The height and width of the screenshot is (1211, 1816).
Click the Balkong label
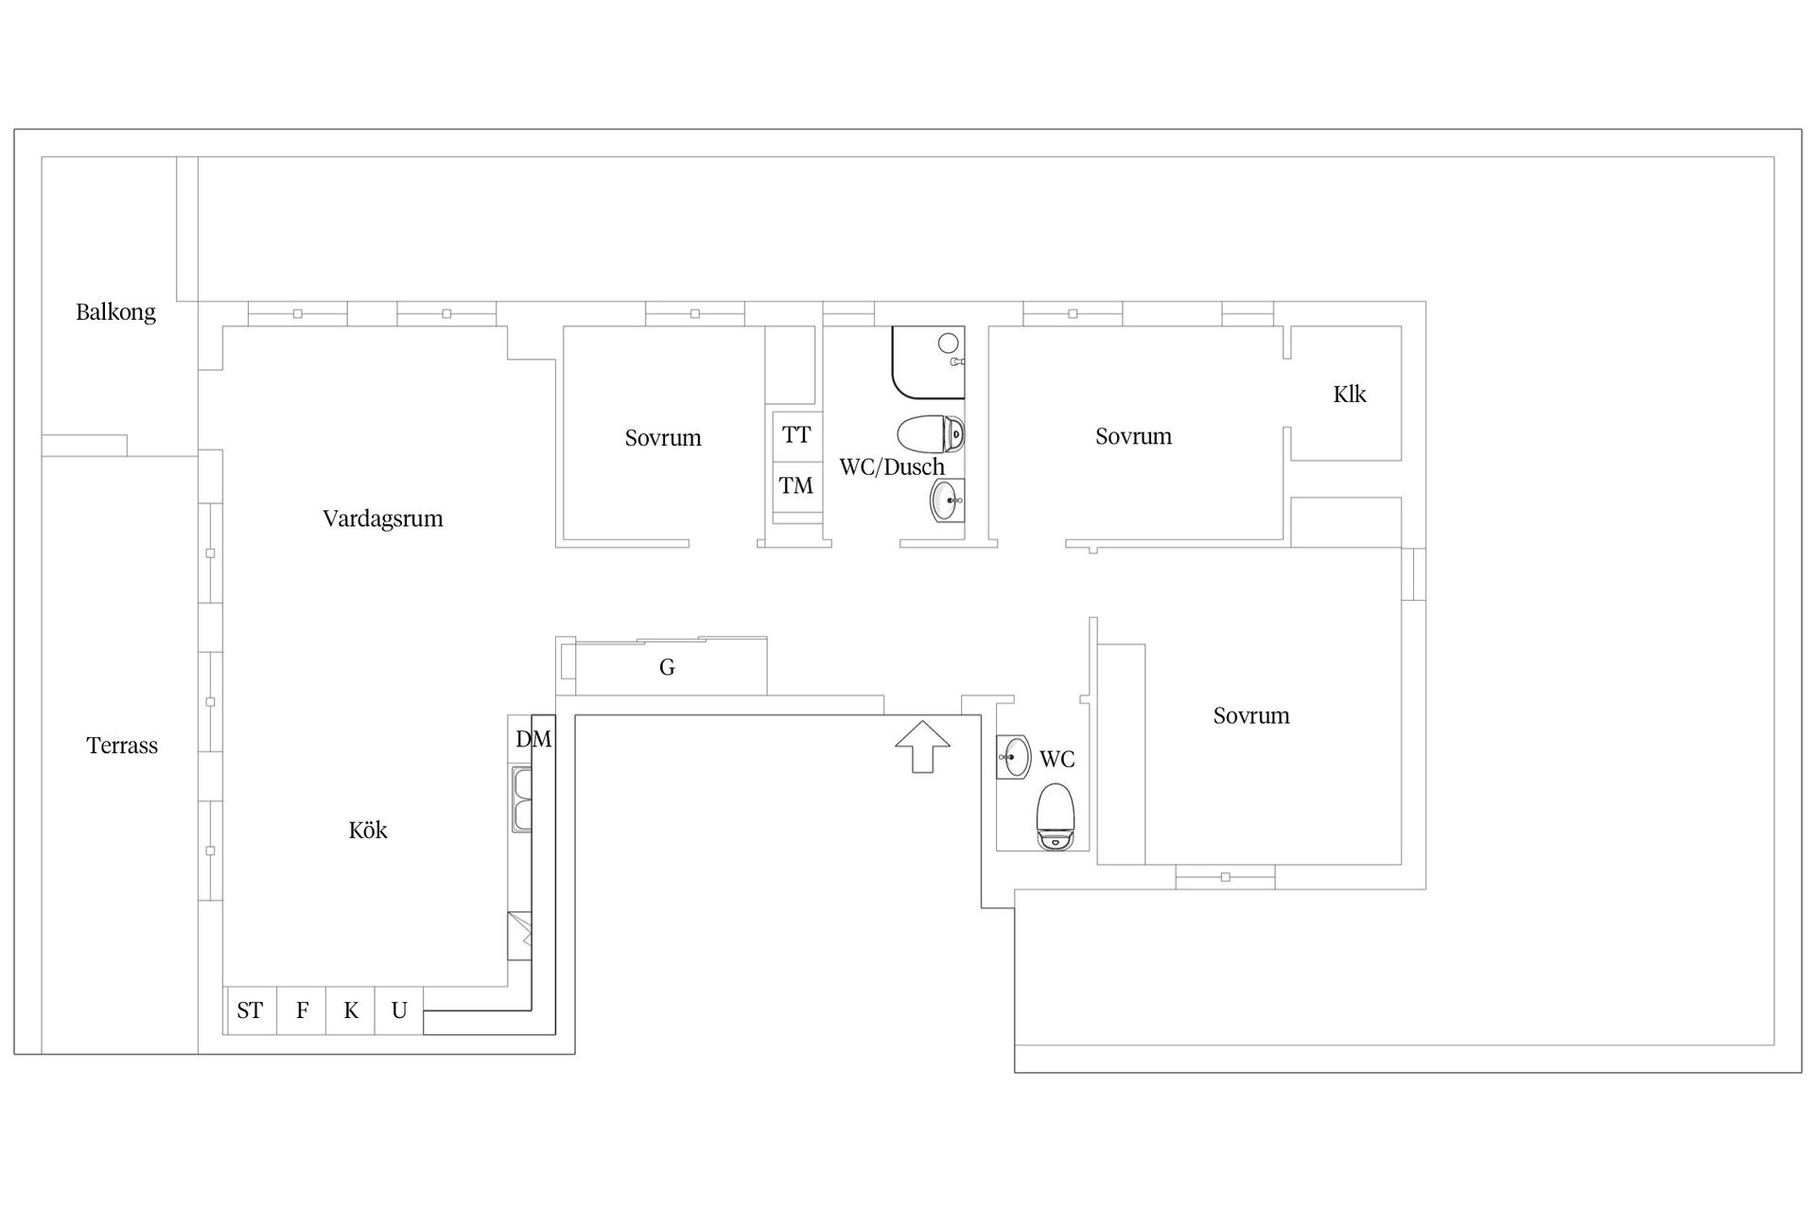coord(115,312)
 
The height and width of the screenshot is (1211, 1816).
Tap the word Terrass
coord(122,746)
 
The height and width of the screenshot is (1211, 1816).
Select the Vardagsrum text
coord(382,518)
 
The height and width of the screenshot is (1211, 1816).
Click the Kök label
coord(368,830)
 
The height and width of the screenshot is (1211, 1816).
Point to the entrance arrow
coord(922,746)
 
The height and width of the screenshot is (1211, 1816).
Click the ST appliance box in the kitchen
coord(251,1010)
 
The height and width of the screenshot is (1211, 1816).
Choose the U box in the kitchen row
coord(399,1010)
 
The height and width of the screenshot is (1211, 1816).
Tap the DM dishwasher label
coord(533,739)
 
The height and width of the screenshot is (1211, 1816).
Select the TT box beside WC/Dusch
coord(796,434)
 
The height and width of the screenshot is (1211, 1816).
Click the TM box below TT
coord(796,486)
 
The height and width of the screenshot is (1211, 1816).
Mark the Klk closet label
coord(1350,395)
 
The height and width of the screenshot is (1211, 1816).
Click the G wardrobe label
coord(667,668)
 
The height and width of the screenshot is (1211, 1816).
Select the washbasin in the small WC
coord(1015,757)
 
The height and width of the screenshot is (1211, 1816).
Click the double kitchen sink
coord(521,799)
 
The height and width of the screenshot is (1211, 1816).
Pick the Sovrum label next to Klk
coord(1133,436)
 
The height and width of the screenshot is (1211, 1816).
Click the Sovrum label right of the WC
coord(1250,715)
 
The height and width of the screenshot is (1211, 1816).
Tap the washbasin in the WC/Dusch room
coord(946,500)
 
